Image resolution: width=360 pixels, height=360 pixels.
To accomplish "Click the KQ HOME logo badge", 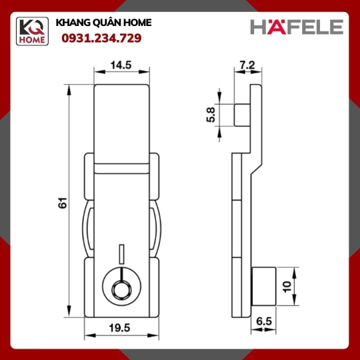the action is point(32,31).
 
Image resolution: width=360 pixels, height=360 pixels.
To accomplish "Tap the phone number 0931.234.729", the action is point(101,38).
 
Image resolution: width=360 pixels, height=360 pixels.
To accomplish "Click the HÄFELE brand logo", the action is point(297,27).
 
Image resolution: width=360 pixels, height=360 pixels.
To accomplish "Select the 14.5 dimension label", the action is point(121,65).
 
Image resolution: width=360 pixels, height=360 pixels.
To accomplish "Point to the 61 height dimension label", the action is point(63,203).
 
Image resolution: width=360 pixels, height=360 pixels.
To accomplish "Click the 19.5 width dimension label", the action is point(119,328).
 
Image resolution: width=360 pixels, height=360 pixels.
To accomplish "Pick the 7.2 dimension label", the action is point(247,65).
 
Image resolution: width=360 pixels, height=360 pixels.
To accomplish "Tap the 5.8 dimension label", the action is point(211,115).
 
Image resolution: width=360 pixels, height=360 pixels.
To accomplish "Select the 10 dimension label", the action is point(287,287).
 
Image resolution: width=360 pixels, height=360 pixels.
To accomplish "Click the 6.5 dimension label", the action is point(264,321).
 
